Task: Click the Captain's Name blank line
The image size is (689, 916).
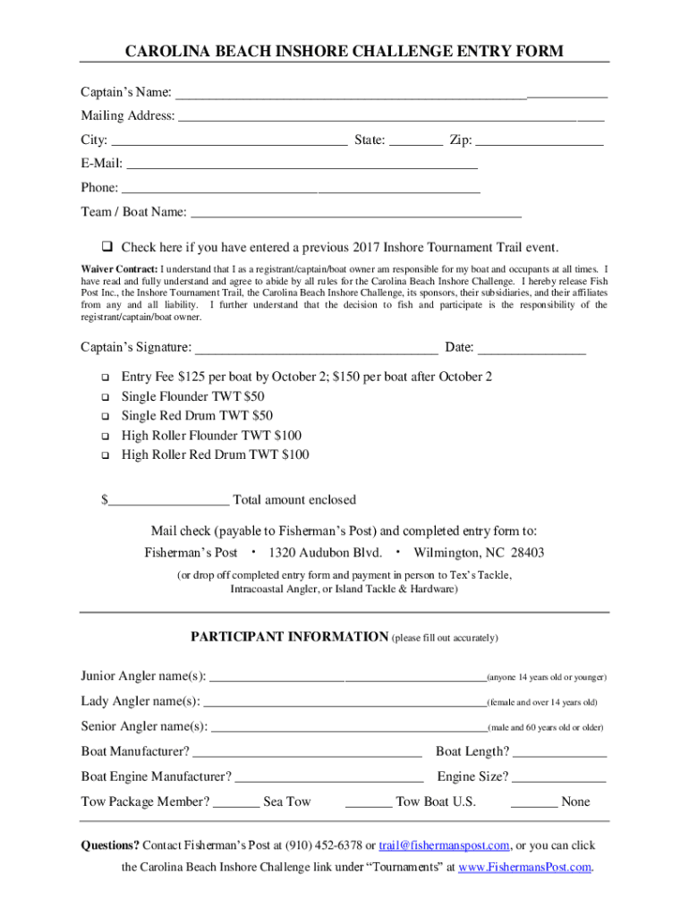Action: coord(391,94)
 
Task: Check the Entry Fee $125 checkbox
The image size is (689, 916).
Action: coord(104,377)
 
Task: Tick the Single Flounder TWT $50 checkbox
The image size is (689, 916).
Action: coord(104,396)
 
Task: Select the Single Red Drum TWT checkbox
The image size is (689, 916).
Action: coord(104,416)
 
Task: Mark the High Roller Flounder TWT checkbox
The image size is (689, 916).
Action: coord(104,436)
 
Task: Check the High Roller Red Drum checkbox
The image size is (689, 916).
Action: coord(104,455)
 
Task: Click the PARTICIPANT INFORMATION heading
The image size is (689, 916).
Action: coord(289,637)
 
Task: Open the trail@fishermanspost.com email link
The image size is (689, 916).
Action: coord(445,845)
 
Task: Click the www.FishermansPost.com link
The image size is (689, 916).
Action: coord(524,868)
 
